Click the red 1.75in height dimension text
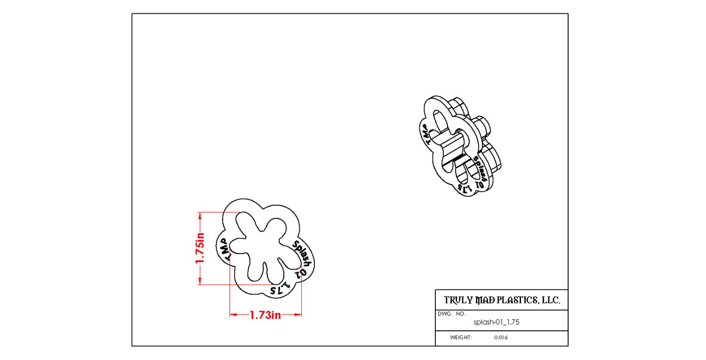[x=200, y=248]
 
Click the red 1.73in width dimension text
[x=265, y=315]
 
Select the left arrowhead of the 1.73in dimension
[x=233, y=314]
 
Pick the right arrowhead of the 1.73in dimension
[x=298, y=314]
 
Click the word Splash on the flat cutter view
[x=302, y=254]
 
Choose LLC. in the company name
[x=551, y=300]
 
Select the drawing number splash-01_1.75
[x=497, y=322]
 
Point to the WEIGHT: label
[x=461, y=337]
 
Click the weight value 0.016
[x=501, y=337]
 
